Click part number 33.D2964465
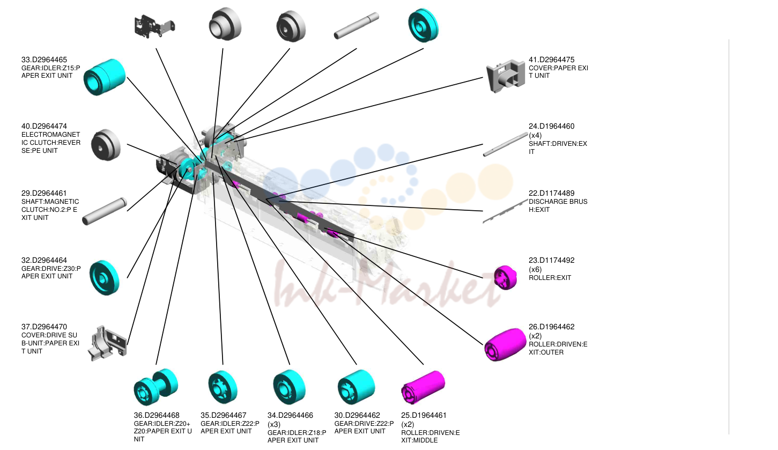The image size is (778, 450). tap(44, 60)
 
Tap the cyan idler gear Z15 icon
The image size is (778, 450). tap(105, 77)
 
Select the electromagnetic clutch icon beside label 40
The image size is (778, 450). tap(106, 145)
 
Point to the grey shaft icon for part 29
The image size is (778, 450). tap(105, 211)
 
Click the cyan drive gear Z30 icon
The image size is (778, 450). tap(104, 278)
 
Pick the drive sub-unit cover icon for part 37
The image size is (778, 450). tap(107, 343)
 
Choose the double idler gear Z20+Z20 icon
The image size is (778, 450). tap(155, 387)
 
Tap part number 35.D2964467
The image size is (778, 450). tap(224, 415)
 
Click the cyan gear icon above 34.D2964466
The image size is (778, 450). tap(290, 387)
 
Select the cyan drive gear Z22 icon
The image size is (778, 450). tap(357, 387)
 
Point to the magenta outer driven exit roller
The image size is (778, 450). tap(506, 344)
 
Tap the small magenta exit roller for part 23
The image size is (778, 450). tap(506, 277)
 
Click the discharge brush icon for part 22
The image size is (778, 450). tap(506, 211)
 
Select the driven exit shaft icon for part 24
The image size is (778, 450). tap(506, 145)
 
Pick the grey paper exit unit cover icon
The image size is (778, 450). tap(506, 76)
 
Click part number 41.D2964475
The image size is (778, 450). tap(552, 60)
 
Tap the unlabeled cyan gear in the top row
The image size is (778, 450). tap(423, 25)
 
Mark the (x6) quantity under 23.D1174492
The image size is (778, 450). tap(535, 269)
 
